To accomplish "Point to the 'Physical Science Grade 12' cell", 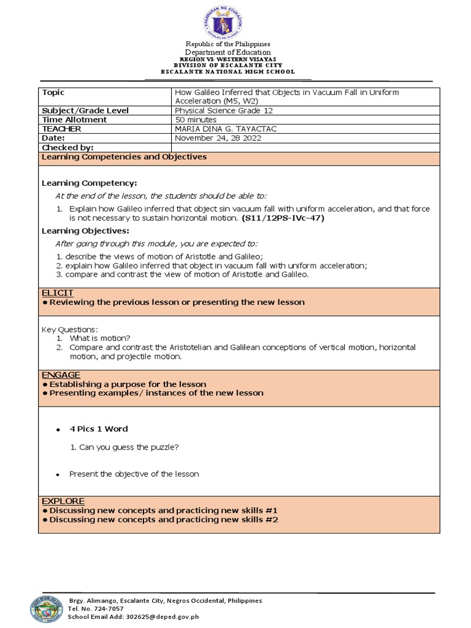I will pyautogui.click(x=224, y=110).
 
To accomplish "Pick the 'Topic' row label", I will pyautogui.click(x=53, y=92).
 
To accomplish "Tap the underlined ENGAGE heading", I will pyautogui.click(x=59, y=375).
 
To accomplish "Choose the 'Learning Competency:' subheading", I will pyautogui.click(x=89, y=183).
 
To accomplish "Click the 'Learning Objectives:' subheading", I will pyautogui.click(x=85, y=231).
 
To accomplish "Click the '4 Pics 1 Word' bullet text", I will pyautogui.click(x=99, y=429).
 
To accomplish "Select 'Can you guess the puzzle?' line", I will pyautogui.click(x=124, y=447).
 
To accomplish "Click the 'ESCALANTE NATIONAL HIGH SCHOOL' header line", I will pyautogui.click(x=228, y=72).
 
